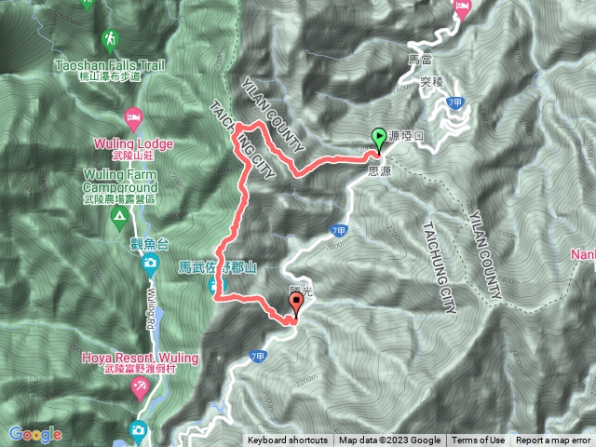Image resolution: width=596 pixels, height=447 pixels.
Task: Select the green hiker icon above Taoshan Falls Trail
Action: pyautogui.click(x=111, y=39)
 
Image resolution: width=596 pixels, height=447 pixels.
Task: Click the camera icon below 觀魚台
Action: pyautogui.click(x=151, y=264)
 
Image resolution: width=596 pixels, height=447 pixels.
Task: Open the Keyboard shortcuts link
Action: pyautogui.click(x=287, y=440)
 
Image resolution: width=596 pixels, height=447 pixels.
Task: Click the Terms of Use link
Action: pyautogui.click(x=479, y=440)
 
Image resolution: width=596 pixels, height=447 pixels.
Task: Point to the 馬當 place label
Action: pyautogui.click(x=422, y=60)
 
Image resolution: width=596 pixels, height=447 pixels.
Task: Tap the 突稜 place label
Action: pyautogui.click(x=429, y=82)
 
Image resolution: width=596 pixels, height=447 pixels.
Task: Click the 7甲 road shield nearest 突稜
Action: pyautogui.click(x=454, y=101)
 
